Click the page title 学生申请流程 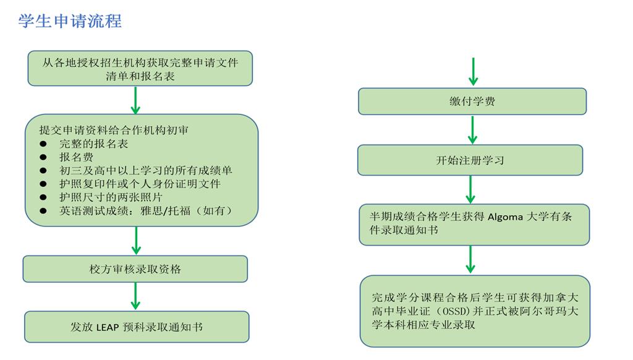[x=70, y=21]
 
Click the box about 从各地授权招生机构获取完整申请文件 [x=140, y=69]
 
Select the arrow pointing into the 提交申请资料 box [x=136, y=100]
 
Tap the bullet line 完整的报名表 [x=93, y=144]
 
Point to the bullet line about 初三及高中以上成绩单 [x=145, y=170]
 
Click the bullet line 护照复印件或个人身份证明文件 [x=140, y=184]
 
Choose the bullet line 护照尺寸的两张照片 [x=111, y=197]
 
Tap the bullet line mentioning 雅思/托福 [x=145, y=211]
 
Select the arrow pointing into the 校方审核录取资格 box [x=136, y=241]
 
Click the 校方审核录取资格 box [x=135, y=269]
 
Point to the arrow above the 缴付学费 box [x=473, y=72]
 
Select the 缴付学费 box [x=472, y=101]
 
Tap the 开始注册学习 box [x=470, y=160]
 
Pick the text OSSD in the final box [x=458, y=311]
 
